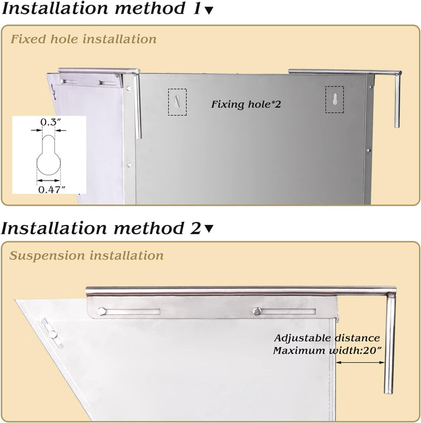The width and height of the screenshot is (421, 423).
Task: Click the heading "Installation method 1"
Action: pyautogui.click(x=101, y=8)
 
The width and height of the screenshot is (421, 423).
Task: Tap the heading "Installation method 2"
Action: pyautogui.click(x=101, y=228)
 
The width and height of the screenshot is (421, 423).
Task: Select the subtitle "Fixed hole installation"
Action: pyautogui.click(x=84, y=39)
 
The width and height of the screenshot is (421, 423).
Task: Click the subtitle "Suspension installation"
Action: pyautogui.click(x=87, y=255)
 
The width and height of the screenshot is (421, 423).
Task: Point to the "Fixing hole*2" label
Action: pyautogui.click(x=246, y=104)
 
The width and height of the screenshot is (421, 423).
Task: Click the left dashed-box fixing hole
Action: pyautogui.click(x=177, y=102)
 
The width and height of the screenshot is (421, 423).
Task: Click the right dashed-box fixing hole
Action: pyautogui.click(x=334, y=99)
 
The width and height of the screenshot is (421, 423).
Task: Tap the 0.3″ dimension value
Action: pyautogui.click(x=50, y=122)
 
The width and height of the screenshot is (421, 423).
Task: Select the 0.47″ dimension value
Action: pyautogui.click(x=52, y=189)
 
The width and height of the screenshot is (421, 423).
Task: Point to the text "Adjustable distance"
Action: pyautogui.click(x=327, y=338)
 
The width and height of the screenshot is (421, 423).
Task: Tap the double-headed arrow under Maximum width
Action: pyautogui.click(x=360, y=363)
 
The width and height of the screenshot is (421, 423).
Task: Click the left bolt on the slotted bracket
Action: pyautogui.click(x=102, y=311)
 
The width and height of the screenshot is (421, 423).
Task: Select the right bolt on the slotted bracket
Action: pyautogui.click(x=257, y=311)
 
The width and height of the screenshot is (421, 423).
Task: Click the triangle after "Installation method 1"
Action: pyautogui.click(x=209, y=11)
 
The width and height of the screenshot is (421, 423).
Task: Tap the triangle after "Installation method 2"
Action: pyautogui.click(x=209, y=229)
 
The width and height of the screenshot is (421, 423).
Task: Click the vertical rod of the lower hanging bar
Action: pyautogui.click(x=389, y=344)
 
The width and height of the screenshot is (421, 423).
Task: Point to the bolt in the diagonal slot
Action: pyautogui.click(x=53, y=335)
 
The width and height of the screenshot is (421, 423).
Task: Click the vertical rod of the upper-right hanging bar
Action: pyautogui.click(x=397, y=101)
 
